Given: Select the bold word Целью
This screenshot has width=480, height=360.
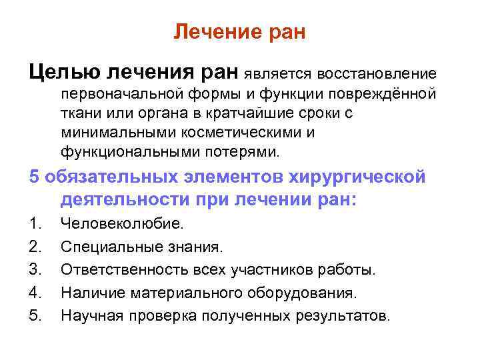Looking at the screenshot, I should coord(62,71).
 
